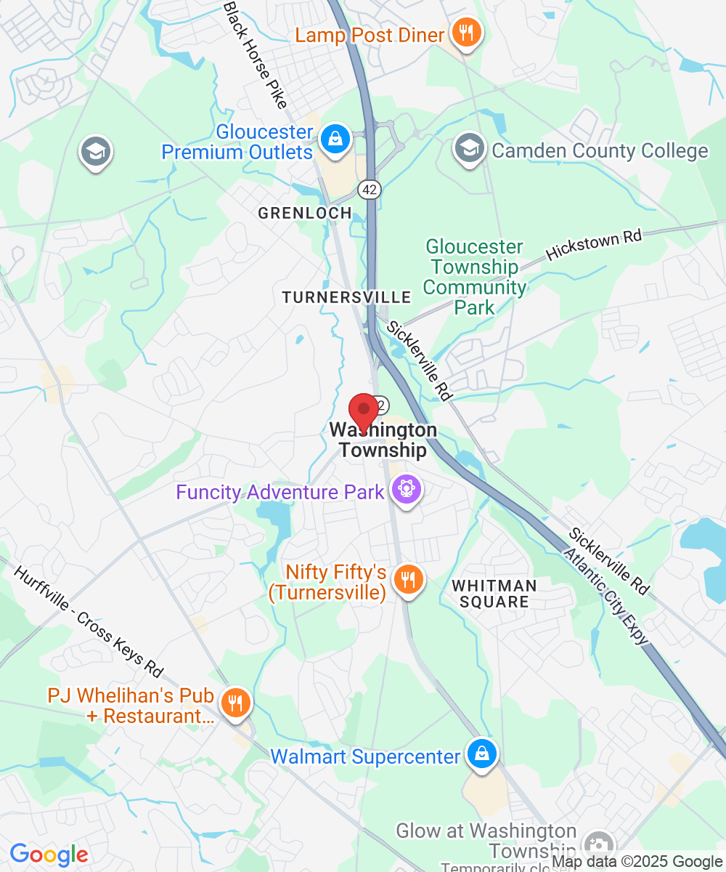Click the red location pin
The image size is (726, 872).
point(364,411)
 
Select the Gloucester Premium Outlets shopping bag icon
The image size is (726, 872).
point(335,138)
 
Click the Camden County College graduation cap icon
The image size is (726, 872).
point(469,149)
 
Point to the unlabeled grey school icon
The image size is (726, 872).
point(94,151)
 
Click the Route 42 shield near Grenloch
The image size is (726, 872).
point(369,189)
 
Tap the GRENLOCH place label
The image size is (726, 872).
point(305,213)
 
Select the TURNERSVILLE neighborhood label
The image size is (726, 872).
point(346,297)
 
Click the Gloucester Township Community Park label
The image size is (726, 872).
point(475,278)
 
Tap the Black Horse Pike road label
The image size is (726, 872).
point(256,55)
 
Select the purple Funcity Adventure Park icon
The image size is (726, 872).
point(407,491)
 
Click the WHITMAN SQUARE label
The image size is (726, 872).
point(494,594)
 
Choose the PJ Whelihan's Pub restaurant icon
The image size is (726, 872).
point(236,703)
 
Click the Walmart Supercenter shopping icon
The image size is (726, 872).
point(481,755)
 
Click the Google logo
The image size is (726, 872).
point(49,855)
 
